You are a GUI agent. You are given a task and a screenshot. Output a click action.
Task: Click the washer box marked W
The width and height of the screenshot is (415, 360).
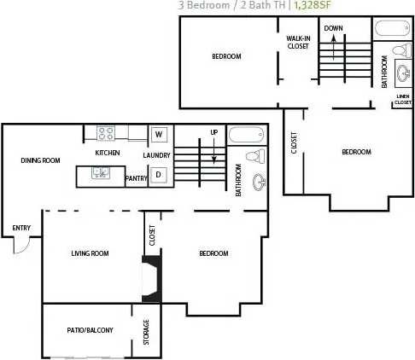click(159, 134)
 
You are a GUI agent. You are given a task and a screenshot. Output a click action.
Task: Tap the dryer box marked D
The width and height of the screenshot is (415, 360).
click(158, 176)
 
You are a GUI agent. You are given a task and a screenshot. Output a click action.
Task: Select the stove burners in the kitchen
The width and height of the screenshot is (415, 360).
click(107, 133)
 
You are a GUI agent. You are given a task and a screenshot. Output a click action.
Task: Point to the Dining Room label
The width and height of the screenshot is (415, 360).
click(40, 160)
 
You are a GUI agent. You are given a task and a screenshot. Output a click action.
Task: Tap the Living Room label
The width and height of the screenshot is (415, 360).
click(90, 253)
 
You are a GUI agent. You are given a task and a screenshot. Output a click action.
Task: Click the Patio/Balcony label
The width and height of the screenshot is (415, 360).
click(90, 330)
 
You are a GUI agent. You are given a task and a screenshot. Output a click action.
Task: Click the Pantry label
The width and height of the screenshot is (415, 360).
click(136, 177)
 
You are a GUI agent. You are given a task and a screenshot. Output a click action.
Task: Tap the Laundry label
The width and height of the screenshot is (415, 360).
click(157, 155)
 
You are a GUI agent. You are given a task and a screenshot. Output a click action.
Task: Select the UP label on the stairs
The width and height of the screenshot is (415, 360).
click(214, 131)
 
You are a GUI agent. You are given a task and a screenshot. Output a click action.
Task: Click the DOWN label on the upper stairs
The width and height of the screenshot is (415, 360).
click(333, 28)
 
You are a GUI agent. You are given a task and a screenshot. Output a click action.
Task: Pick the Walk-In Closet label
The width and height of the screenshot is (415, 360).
click(298, 43)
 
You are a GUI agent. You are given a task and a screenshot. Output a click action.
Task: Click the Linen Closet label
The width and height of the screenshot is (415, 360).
click(403, 99)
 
